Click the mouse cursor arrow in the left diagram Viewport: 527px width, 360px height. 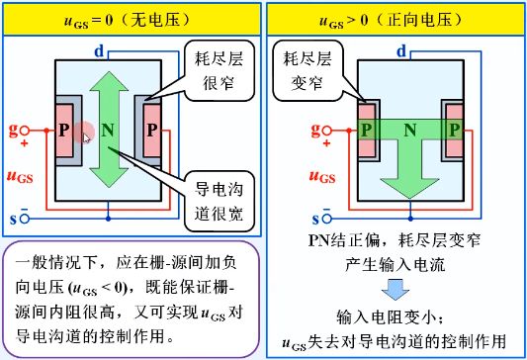(86, 138)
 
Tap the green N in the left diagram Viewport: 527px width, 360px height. (108, 131)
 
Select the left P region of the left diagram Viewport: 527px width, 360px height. (64, 131)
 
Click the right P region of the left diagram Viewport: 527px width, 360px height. (152, 131)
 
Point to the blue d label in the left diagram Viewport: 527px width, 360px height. (100, 51)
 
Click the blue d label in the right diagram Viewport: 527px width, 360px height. (401, 51)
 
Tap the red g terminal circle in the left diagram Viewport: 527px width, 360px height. (25, 131)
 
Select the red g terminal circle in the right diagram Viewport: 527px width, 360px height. (327, 131)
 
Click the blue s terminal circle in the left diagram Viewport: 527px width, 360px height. (25, 219)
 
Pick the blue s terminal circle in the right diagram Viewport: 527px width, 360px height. (326, 219)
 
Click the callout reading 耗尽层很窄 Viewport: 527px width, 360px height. (220, 70)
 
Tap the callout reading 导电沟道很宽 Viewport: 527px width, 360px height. (220, 202)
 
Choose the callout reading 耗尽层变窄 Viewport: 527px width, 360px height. (307, 70)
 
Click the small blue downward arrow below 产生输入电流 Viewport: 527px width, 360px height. (395, 290)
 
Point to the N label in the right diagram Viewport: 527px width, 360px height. (410, 131)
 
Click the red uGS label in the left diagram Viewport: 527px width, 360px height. (20, 176)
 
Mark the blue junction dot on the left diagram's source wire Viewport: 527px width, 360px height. (108, 219)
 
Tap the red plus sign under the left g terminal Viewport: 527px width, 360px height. (24, 143)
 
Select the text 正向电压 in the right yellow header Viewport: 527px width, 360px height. (420, 20)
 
